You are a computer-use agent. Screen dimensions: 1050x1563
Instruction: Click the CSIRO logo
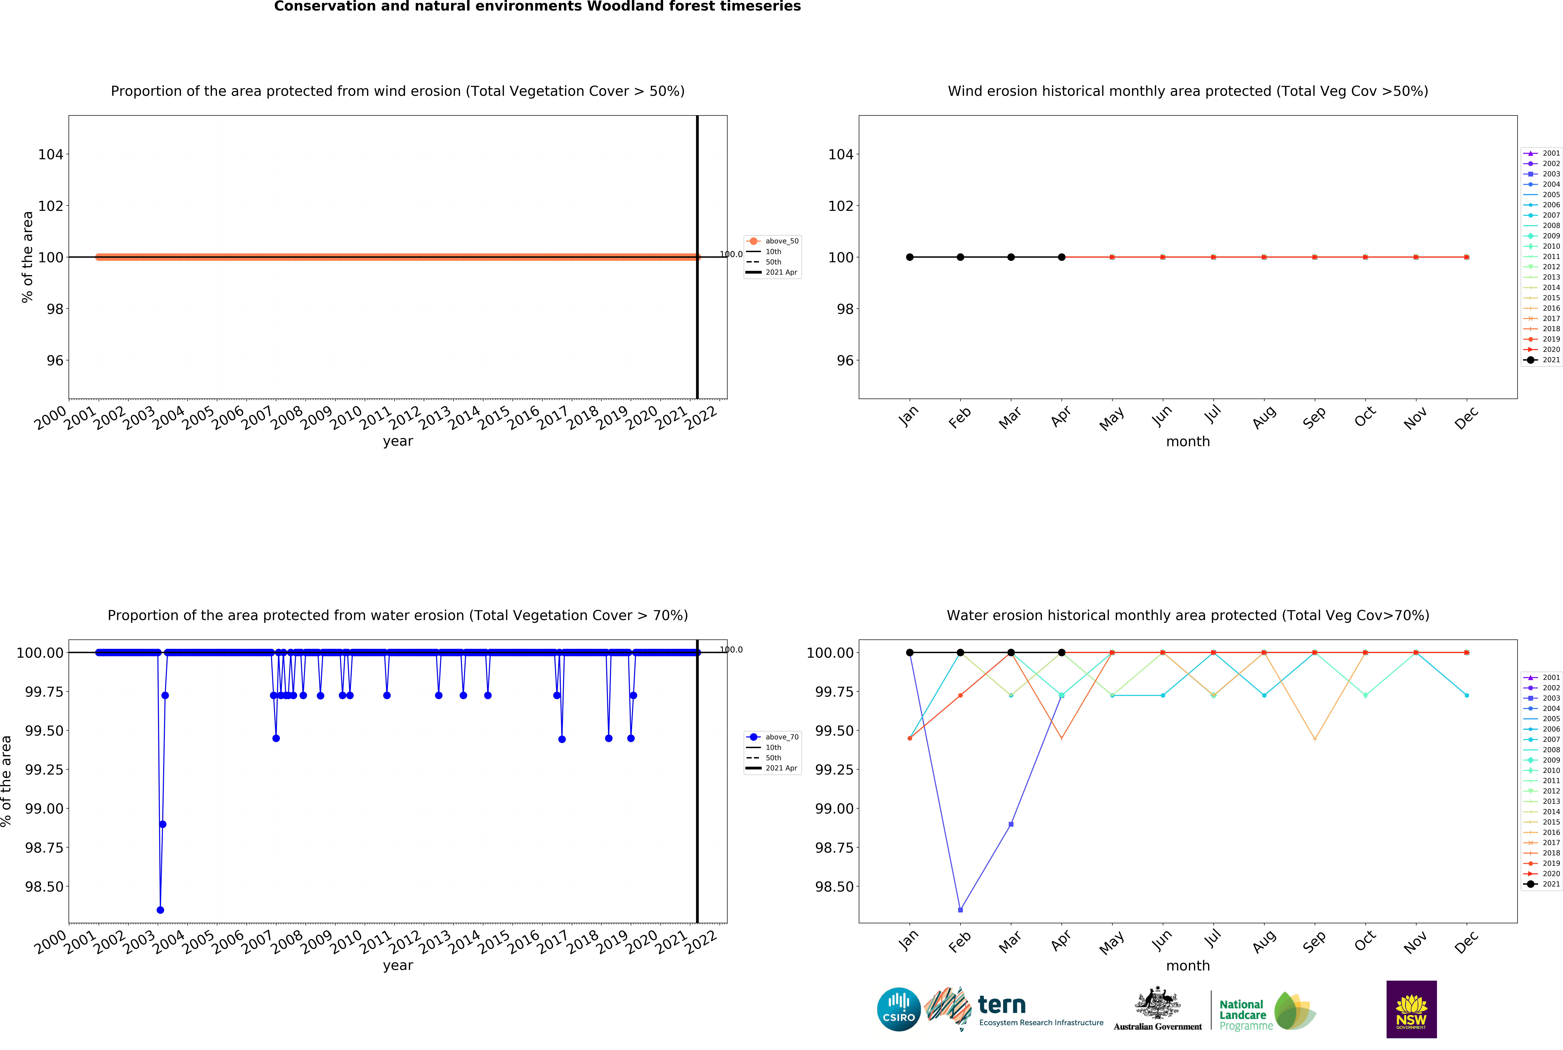tap(898, 1009)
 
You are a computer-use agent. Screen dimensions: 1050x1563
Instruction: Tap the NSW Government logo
tap(1411, 1009)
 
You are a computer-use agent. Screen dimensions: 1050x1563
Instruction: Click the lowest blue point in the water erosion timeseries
tap(160, 910)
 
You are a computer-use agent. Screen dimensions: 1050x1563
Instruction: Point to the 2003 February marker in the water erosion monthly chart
tap(960, 910)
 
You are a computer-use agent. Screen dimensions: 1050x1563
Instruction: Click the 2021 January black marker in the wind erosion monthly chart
tap(909, 257)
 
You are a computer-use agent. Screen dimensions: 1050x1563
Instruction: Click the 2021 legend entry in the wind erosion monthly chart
tap(1542, 360)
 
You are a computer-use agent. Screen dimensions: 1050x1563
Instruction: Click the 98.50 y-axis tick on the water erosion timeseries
tap(44, 887)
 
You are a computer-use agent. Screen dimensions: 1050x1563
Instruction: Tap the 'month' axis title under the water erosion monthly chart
tap(1188, 966)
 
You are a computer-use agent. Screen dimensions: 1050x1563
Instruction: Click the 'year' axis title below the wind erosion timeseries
tap(398, 441)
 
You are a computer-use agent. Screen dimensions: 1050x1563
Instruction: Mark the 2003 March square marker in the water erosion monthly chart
tap(1011, 824)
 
